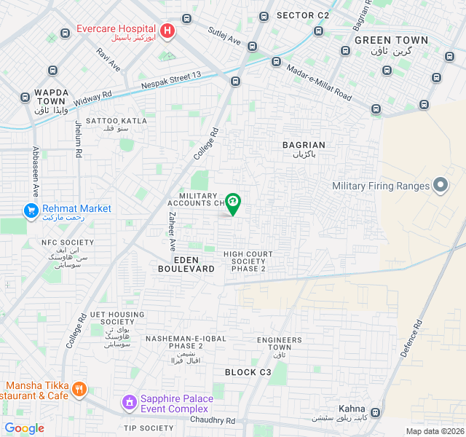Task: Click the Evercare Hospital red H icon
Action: pyautogui.click(x=168, y=31)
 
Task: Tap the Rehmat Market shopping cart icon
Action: pyautogui.click(x=31, y=210)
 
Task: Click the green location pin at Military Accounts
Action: pyautogui.click(x=233, y=203)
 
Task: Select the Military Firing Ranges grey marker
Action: pyautogui.click(x=441, y=186)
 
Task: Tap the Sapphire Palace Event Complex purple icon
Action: pyautogui.click(x=129, y=401)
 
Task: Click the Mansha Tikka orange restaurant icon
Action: pyautogui.click(x=79, y=390)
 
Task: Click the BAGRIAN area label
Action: pyautogui.click(x=304, y=145)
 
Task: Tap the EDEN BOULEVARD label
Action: pyautogui.click(x=186, y=264)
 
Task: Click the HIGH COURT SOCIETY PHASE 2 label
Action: pyautogui.click(x=248, y=261)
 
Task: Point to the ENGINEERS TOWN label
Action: pyautogui.click(x=279, y=344)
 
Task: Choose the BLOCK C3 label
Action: pyautogui.click(x=248, y=372)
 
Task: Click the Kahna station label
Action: pyautogui.click(x=352, y=409)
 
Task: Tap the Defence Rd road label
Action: pyautogui.click(x=411, y=339)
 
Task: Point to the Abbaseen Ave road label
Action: pyautogui.click(x=34, y=171)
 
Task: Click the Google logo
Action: pyautogui.click(x=24, y=428)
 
